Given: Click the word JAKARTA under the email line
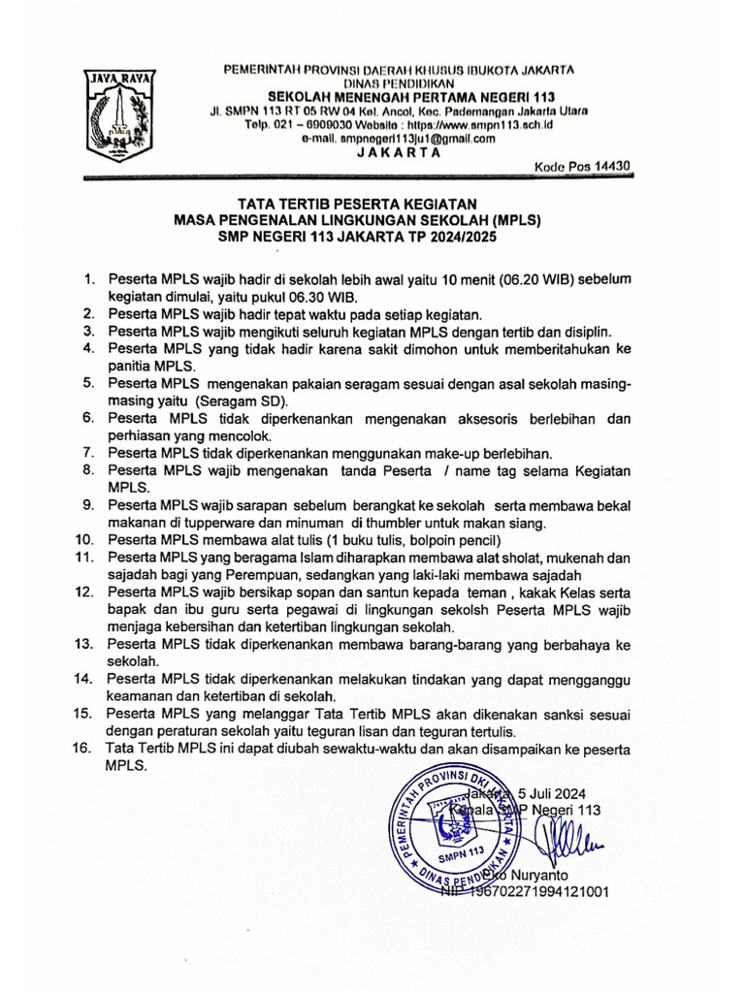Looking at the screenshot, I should (397, 152).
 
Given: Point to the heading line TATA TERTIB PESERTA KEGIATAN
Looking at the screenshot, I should (358, 205).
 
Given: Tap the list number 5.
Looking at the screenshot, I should (87, 384).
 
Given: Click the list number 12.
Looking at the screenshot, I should (83, 591).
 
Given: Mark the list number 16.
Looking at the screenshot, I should (83, 749).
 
